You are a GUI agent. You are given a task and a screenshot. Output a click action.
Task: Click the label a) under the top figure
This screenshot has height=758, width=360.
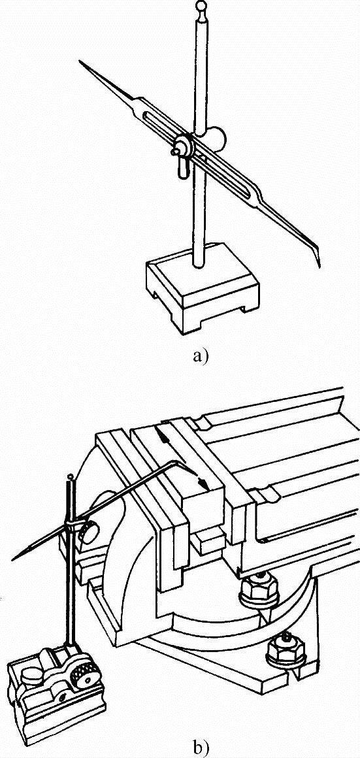coord(199,357)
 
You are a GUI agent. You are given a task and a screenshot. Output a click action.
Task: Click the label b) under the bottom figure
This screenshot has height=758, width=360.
coord(199,748)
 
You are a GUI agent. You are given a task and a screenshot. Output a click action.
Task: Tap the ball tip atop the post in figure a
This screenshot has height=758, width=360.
coord(201,5)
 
